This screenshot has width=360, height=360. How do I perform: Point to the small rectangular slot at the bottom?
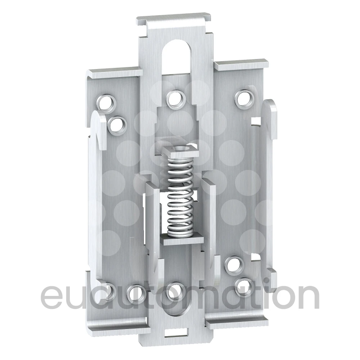click(x=176, y=333)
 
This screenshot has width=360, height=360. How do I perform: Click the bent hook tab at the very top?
click(x=174, y=21)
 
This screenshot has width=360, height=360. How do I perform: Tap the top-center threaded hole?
click(x=175, y=99)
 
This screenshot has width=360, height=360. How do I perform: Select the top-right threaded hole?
click(x=244, y=98)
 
